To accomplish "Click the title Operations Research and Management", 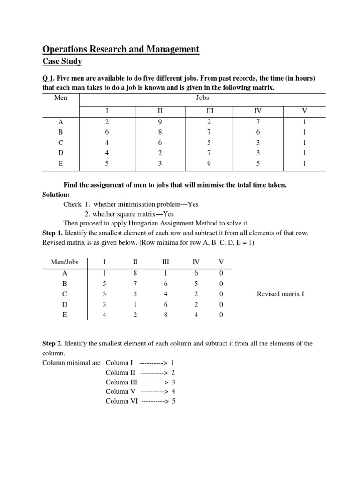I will (121, 49).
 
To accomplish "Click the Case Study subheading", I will (62, 61).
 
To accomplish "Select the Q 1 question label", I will (49, 78).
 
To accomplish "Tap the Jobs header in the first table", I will (202, 97).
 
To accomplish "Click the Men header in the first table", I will (61, 97).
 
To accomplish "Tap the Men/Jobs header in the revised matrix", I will (65, 262).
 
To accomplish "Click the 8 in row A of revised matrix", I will (135, 273).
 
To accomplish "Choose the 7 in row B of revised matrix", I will (135, 284).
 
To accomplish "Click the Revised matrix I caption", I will (280, 294).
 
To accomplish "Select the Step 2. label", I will (52, 344).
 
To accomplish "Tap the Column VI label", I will (122, 401).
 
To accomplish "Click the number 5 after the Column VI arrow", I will (174, 401).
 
